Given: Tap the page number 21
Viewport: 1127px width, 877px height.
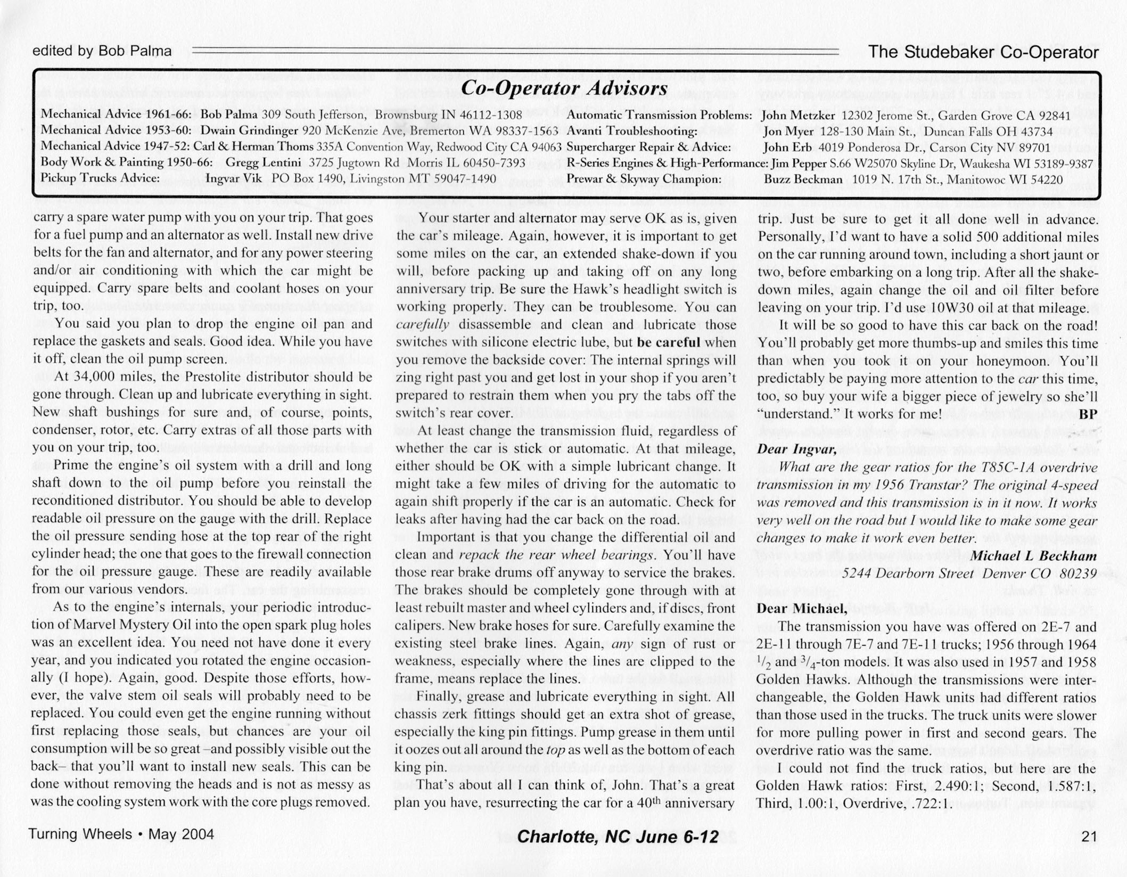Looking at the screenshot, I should coord(1089,837).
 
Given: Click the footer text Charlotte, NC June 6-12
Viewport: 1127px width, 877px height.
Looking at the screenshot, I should coord(618,837).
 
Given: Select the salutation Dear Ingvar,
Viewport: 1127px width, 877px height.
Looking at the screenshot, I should coord(796,449).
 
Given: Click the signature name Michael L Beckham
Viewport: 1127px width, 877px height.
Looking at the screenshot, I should coord(1034,556).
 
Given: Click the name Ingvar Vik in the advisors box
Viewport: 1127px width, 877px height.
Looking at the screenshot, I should coord(234,178).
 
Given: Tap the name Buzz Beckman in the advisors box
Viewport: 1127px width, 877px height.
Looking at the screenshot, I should coord(803,179).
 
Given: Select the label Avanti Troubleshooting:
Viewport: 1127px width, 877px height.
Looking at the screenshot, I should coord(632,131).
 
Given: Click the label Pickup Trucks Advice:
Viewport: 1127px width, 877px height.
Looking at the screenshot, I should coord(101,178).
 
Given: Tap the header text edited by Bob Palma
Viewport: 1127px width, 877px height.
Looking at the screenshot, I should coord(102,51).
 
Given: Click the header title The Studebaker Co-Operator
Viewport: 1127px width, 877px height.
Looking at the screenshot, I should coord(983,52).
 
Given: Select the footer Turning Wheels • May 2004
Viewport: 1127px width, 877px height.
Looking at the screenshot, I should coord(121,834).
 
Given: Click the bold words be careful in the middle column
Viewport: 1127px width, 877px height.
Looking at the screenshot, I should coord(668,342).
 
